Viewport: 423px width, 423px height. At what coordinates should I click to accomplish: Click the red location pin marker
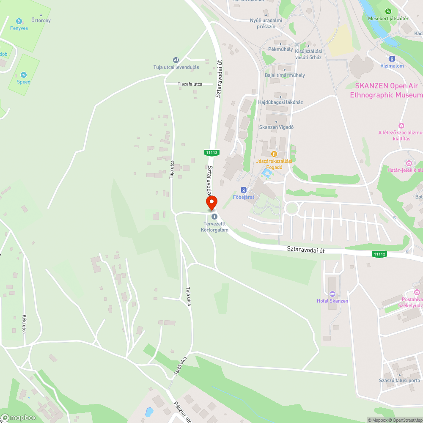211,202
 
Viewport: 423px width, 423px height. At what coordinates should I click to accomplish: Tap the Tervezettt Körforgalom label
214,227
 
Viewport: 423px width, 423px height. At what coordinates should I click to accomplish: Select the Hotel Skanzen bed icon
332,294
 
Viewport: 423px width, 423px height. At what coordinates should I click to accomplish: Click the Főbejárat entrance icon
243,190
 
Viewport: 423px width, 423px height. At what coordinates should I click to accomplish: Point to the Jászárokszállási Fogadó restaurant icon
274,154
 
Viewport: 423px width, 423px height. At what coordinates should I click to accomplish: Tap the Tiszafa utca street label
190,84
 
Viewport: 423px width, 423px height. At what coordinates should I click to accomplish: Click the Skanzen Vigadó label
276,127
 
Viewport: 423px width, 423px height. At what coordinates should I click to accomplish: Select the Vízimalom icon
392,59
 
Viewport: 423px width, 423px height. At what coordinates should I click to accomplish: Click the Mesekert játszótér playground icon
388,11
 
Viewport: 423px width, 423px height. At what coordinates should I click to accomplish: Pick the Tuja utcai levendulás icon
176,60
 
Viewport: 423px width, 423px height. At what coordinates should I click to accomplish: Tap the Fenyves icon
19,21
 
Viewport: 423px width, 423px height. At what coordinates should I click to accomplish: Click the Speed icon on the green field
24,75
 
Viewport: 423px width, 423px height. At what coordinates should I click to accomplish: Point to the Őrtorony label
41,20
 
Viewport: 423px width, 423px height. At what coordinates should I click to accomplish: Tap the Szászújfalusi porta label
400,381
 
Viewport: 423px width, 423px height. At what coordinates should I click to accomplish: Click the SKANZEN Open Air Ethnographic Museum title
386,90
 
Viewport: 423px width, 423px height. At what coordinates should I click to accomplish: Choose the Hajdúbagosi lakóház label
280,102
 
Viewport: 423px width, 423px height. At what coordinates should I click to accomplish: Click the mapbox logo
19,418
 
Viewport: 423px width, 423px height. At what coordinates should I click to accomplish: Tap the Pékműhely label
280,49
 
